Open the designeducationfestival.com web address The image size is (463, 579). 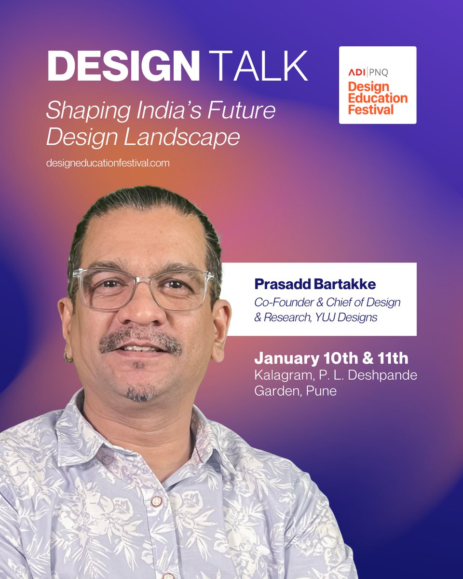coord(108,163)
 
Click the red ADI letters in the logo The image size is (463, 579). coord(356,73)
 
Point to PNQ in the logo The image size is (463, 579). coord(379,73)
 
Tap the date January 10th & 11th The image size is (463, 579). coord(331,358)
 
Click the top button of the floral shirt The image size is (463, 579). coord(156,501)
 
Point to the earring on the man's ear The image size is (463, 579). coord(69,358)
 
